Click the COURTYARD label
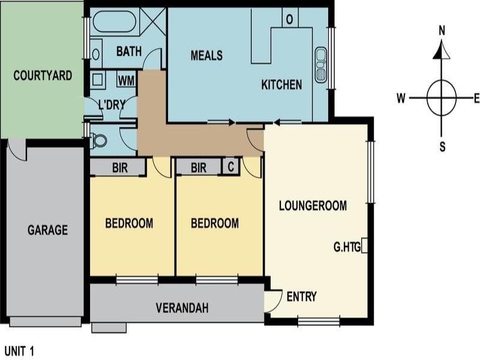click(x=43, y=76)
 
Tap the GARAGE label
click(x=47, y=230)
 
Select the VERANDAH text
click(x=182, y=308)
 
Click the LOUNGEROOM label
click(x=313, y=206)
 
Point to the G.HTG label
click(x=347, y=246)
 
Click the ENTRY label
click(x=301, y=296)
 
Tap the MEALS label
click(x=206, y=55)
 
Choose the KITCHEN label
click(x=281, y=85)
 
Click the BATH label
click(x=129, y=52)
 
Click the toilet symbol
click(x=99, y=141)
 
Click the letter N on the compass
click(x=442, y=31)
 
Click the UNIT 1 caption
click(x=19, y=350)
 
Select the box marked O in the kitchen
click(x=289, y=19)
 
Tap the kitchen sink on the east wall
click(x=320, y=65)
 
